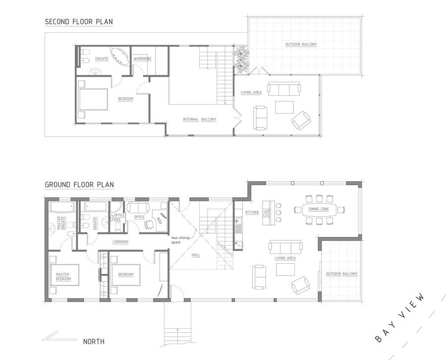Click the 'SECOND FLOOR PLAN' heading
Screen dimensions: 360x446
(78, 22)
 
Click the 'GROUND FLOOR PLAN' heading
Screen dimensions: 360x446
(79, 185)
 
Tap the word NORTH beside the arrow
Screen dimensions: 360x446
(94, 342)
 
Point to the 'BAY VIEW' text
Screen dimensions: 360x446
(400, 318)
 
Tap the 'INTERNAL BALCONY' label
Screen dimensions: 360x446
(200, 120)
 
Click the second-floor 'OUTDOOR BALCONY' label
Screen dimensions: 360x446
(301, 45)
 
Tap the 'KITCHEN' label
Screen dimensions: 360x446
(252, 212)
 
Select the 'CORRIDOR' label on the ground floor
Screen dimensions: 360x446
(120, 241)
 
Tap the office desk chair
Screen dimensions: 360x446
(149, 224)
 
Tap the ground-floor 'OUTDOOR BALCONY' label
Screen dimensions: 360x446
(341, 274)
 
